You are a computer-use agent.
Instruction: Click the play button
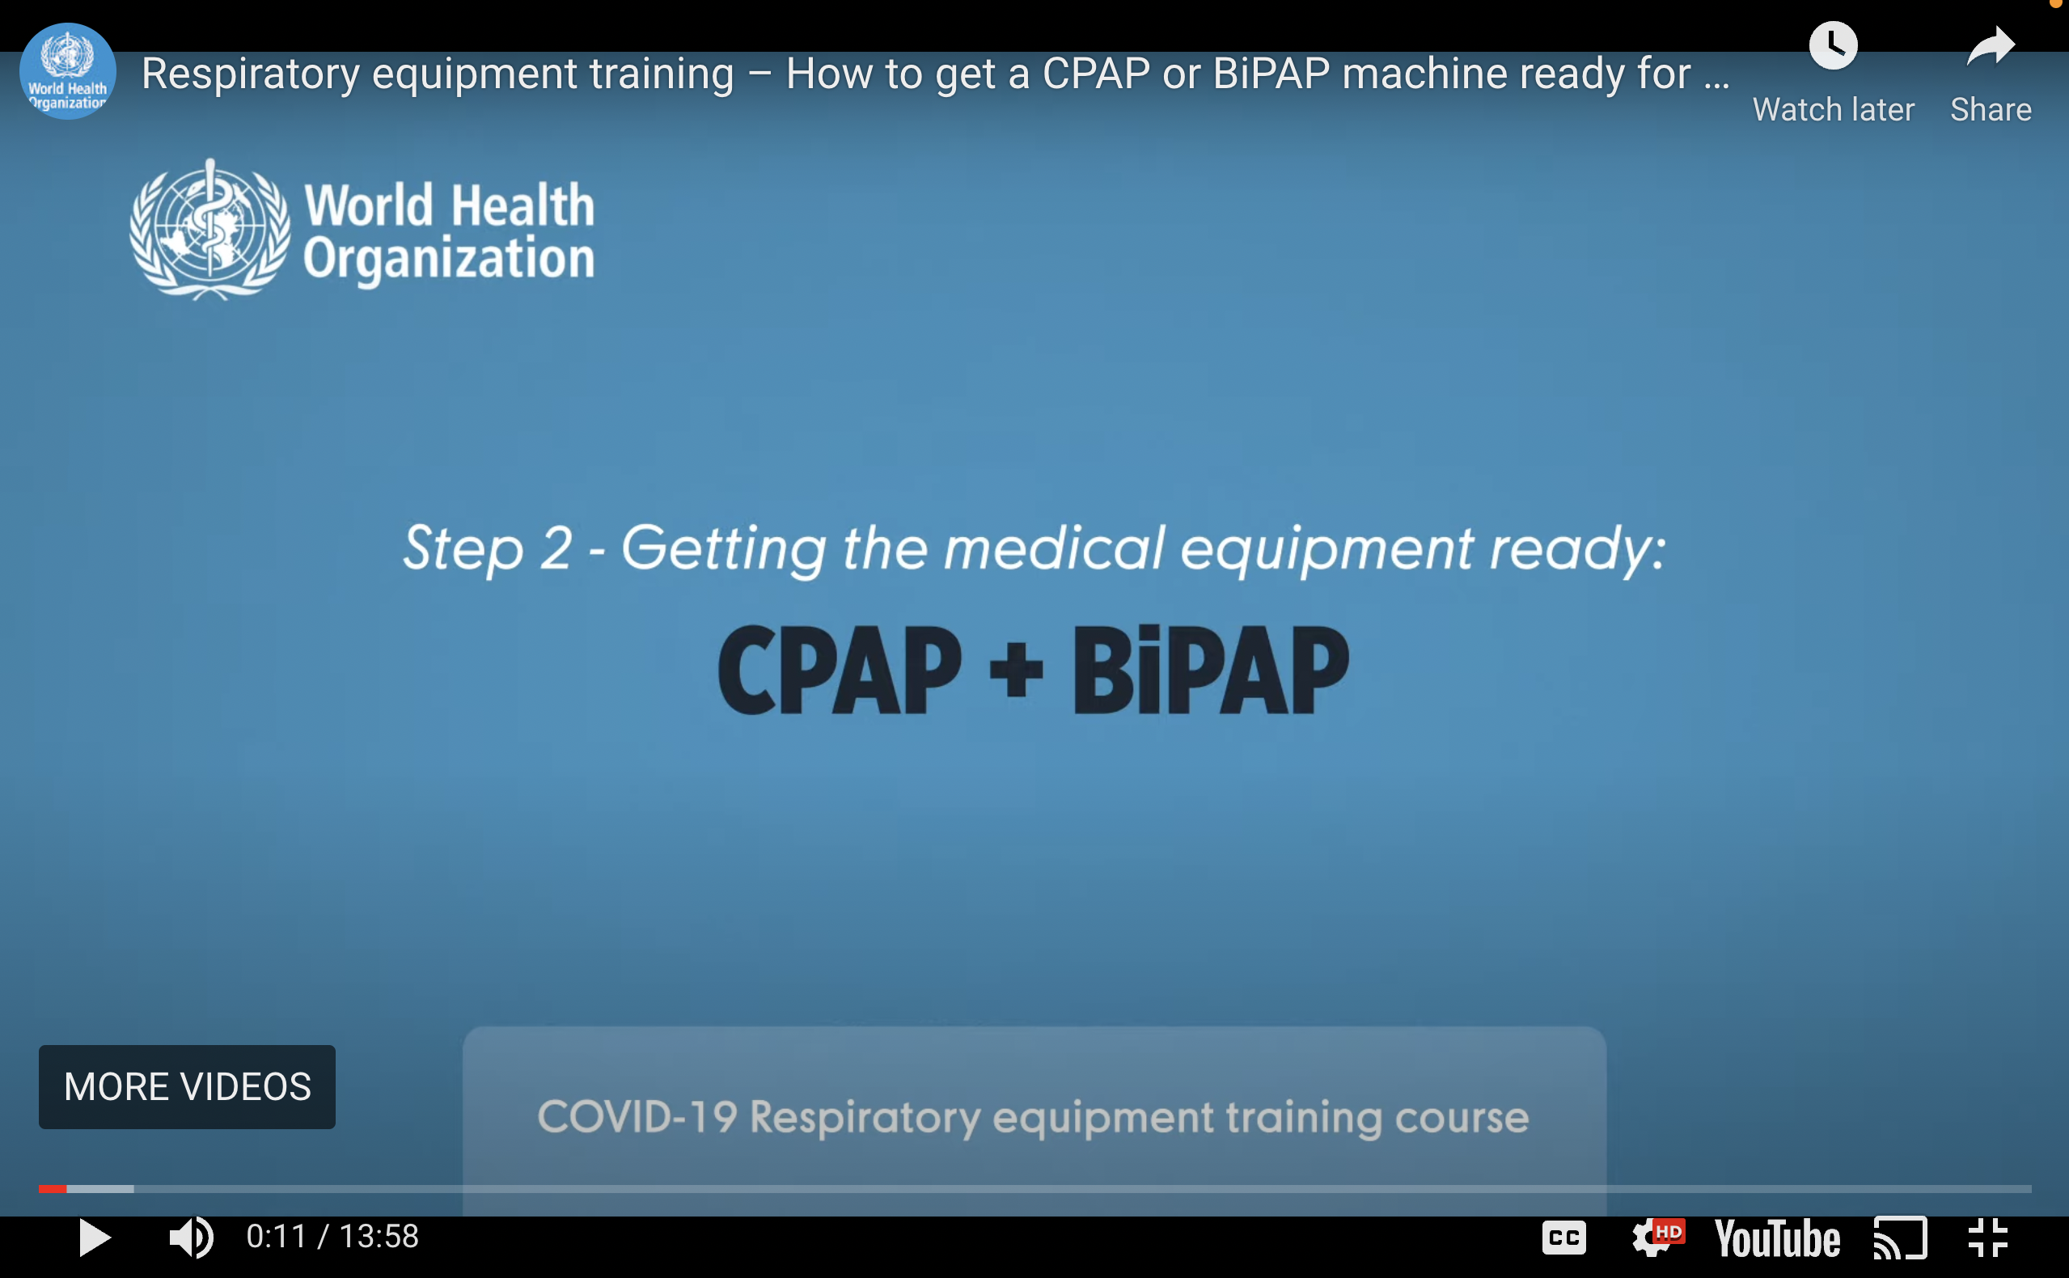click(95, 1238)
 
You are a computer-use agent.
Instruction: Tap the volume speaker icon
click(191, 1238)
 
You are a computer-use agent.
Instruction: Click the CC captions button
click(1563, 1238)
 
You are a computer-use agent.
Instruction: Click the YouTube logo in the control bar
click(1776, 1239)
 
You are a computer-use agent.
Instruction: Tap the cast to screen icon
click(1900, 1238)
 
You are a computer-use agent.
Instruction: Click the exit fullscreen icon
click(1988, 1238)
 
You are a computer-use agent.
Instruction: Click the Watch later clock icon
click(1832, 45)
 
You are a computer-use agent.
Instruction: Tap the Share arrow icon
click(1991, 45)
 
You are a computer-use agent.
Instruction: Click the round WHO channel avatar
click(68, 72)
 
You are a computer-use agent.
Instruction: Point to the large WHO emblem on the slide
click(209, 230)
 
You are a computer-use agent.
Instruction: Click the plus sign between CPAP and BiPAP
click(1016, 672)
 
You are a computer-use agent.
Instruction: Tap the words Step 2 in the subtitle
click(488, 548)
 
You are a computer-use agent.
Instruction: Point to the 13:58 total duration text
click(379, 1237)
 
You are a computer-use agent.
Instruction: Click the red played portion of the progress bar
click(53, 1189)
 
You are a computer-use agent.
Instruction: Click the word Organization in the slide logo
click(449, 258)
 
